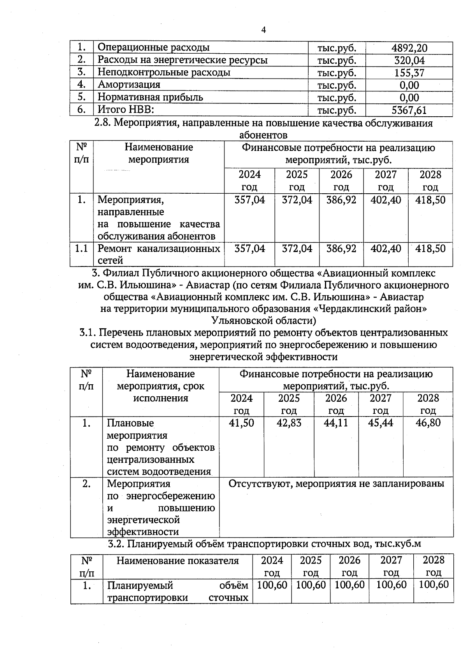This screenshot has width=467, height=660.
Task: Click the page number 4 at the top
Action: [263, 30]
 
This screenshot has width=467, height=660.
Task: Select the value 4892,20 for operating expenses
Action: [409, 48]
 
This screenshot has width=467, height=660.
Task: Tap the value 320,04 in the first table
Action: [409, 60]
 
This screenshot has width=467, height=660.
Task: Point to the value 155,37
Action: [409, 73]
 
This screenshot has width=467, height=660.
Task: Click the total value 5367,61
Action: [409, 110]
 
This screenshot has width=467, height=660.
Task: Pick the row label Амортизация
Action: [129, 85]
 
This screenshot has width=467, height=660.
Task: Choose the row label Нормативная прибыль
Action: [150, 97]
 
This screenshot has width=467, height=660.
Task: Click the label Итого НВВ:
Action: [126, 110]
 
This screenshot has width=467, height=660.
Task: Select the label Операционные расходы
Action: [153, 47]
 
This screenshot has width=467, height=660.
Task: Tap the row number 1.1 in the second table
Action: [81, 248]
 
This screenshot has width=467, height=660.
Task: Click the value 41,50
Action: [241, 423]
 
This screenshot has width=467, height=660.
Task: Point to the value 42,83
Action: [289, 423]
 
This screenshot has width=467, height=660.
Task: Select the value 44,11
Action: [336, 423]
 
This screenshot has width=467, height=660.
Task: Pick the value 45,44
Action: [381, 423]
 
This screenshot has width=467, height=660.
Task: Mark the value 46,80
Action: [428, 423]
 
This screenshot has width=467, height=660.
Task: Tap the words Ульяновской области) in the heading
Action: [263, 320]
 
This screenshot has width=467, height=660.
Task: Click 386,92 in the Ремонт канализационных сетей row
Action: [341, 248]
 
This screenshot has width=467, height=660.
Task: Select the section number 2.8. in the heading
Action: [103, 124]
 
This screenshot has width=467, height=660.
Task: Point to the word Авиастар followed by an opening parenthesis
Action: [209, 285]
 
